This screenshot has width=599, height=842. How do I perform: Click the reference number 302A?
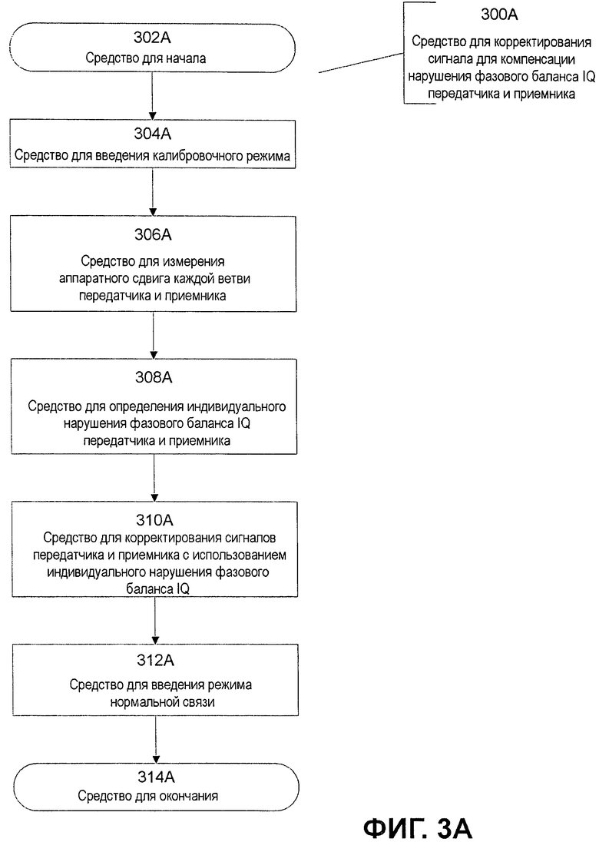coord(152,38)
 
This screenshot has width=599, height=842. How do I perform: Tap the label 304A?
coord(153,134)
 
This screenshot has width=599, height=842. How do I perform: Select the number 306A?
coord(153,234)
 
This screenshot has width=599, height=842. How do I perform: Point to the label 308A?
coord(154,377)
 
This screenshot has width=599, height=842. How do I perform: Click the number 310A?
coord(154,520)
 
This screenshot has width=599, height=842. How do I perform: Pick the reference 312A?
coord(155,659)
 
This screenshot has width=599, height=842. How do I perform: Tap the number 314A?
coord(156,777)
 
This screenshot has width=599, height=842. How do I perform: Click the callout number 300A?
coord(499,15)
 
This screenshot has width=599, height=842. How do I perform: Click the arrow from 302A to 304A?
coord(152,96)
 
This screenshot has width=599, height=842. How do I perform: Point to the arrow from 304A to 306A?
coord(153,192)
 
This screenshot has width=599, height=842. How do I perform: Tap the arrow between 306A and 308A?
coord(154,335)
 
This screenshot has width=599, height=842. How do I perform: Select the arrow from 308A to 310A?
coord(154,478)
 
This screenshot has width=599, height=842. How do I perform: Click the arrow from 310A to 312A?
coord(155,621)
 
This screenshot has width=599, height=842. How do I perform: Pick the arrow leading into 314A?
coord(156,739)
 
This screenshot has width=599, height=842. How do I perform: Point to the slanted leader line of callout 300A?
coord(361,63)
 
